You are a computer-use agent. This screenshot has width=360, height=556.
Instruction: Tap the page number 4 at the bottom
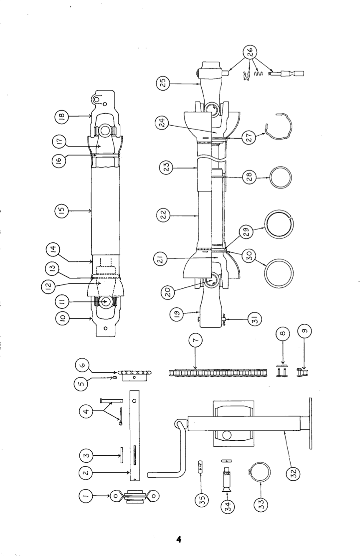(x=179, y=539)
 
